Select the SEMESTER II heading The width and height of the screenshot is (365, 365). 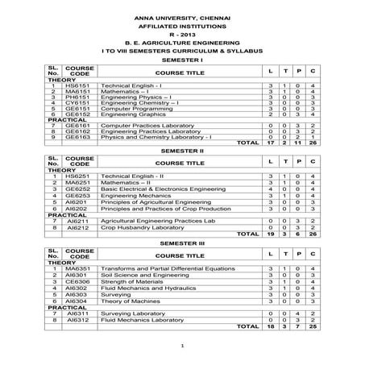tap(183, 151)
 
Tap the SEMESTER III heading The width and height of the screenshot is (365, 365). tap(183, 241)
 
